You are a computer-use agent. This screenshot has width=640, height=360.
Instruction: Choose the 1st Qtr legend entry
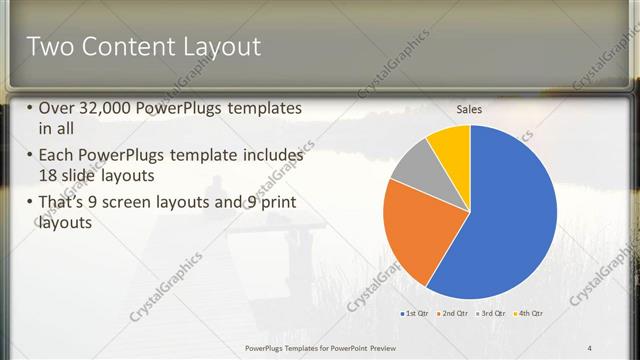[x=415, y=314]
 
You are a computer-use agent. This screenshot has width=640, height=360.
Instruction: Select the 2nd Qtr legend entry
[x=452, y=314]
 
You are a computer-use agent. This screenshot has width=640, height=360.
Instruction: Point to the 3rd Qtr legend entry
[x=490, y=314]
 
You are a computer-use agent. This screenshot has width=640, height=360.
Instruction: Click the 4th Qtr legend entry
[x=527, y=314]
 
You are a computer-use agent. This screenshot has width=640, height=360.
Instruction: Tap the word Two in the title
[x=48, y=46]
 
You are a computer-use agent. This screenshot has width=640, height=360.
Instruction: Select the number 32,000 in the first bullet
[x=104, y=108]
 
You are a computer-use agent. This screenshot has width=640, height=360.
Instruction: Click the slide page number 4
[x=590, y=348]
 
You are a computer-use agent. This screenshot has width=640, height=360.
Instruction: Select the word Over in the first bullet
[x=55, y=108]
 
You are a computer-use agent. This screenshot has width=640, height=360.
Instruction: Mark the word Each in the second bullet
[x=55, y=156]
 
